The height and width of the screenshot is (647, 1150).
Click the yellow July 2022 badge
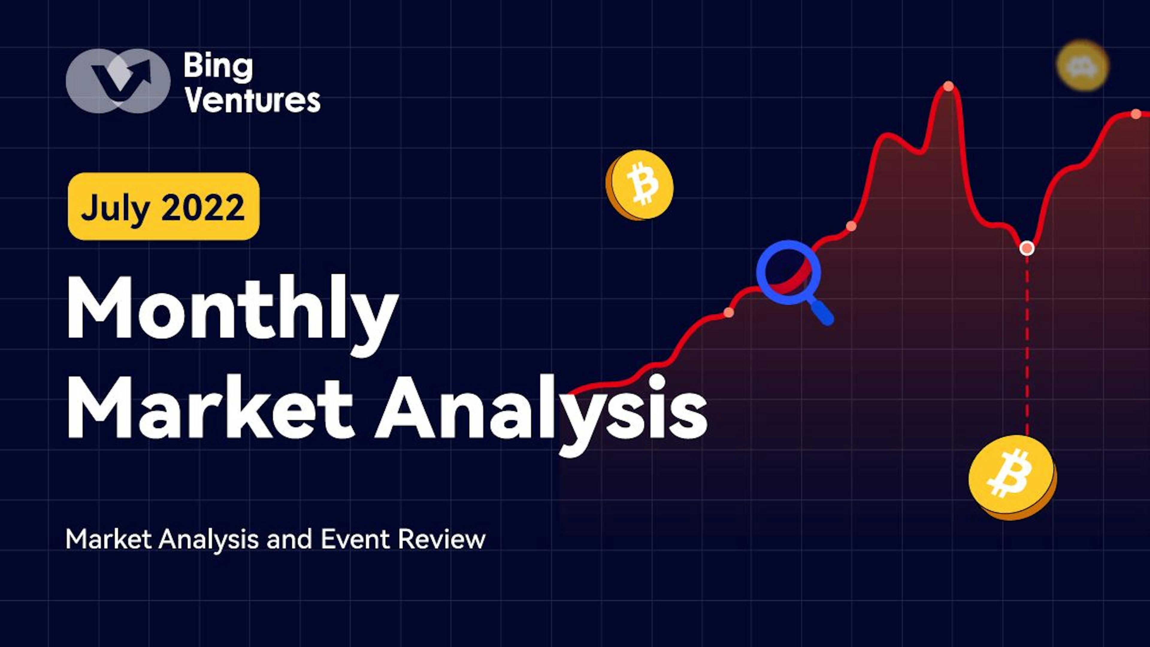click(x=164, y=206)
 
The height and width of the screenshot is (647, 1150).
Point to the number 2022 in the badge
click(x=203, y=207)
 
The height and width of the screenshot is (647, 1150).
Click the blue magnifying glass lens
click(x=788, y=272)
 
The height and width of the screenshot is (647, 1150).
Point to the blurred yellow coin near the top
click(x=1083, y=66)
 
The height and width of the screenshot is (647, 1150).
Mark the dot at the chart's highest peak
click(x=949, y=86)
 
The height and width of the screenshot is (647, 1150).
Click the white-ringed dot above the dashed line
click(x=1027, y=248)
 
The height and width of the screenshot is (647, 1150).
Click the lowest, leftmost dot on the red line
click(x=729, y=312)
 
